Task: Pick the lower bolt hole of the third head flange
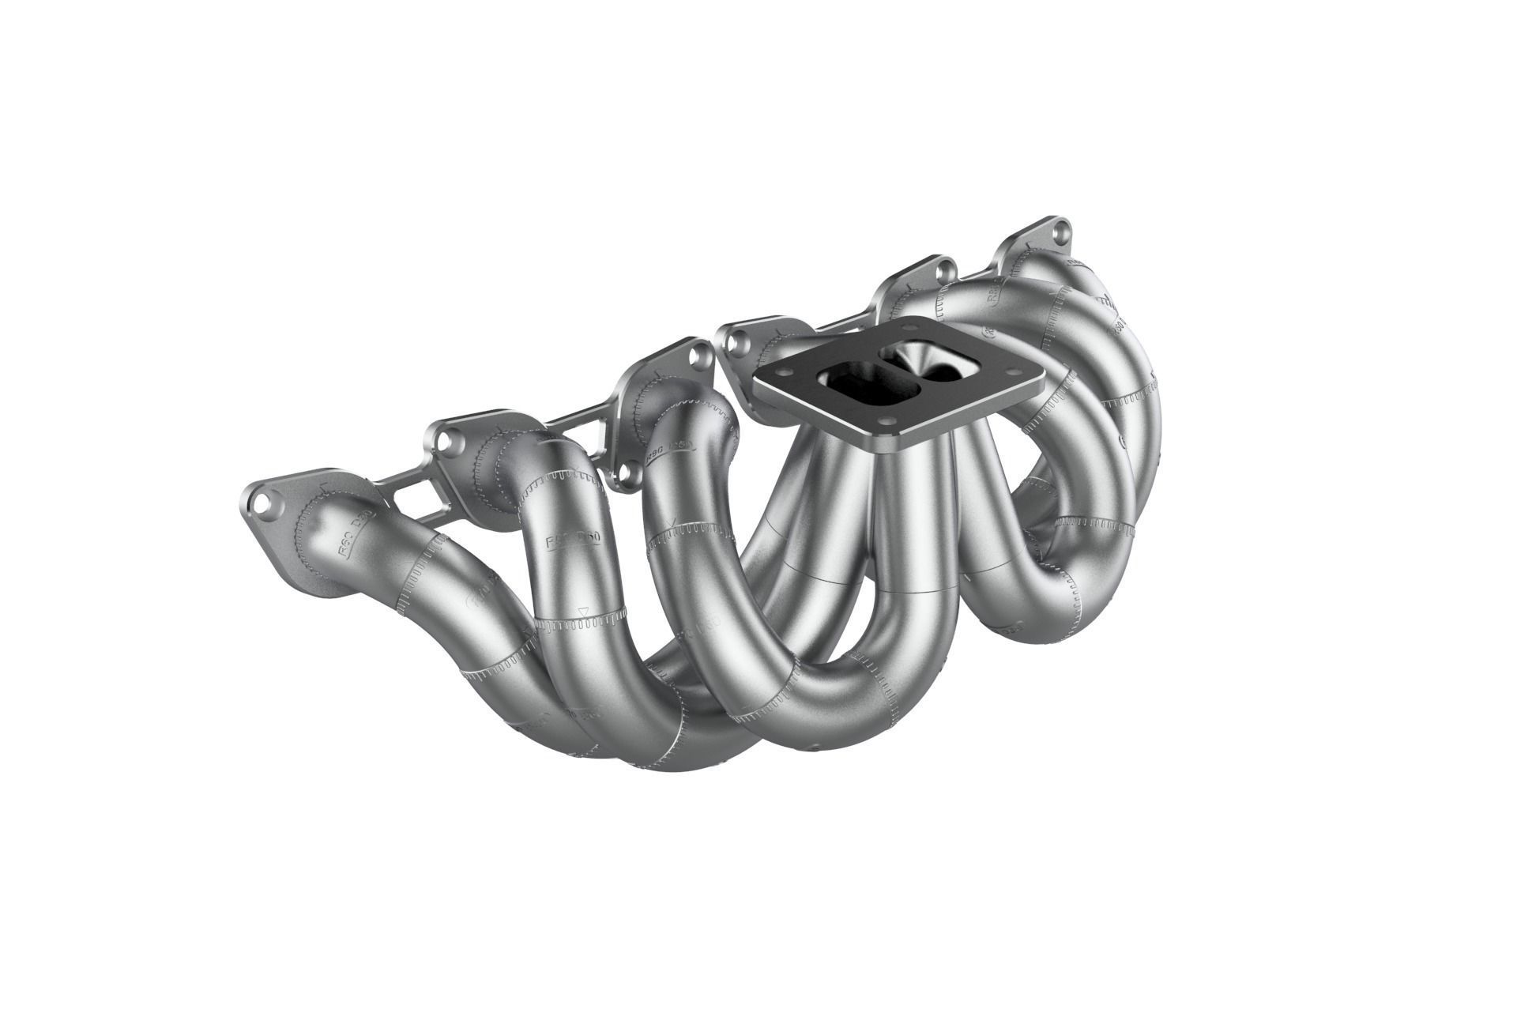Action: pyautogui.click(x=628, y=472)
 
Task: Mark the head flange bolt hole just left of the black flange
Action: pyautogui.click(x=739, y=342)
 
